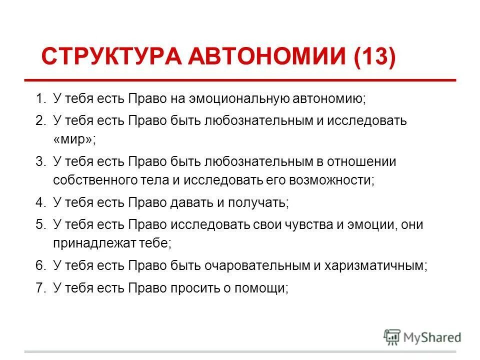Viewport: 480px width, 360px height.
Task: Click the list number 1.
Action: pyautogui.click(x=39, y=98)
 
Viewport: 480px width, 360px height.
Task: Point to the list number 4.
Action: pyautogui.click(x=39, y=203)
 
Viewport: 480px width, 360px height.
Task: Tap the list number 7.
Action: pyautogui.click(x=39, y=287)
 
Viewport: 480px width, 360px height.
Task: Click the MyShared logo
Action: pyautogui.click(x=422, y=337)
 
